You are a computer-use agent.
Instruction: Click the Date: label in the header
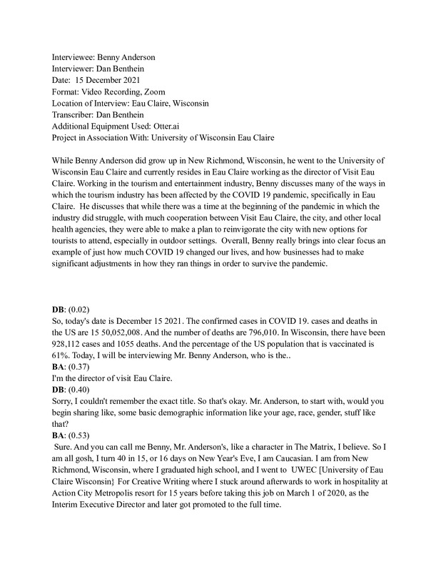[x=64, y=79]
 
